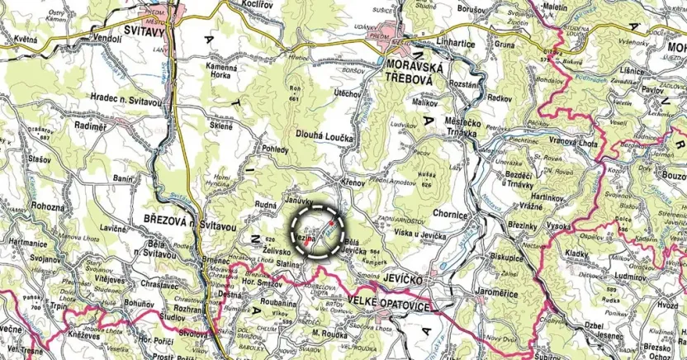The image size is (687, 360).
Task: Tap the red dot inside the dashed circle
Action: point(333,222)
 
